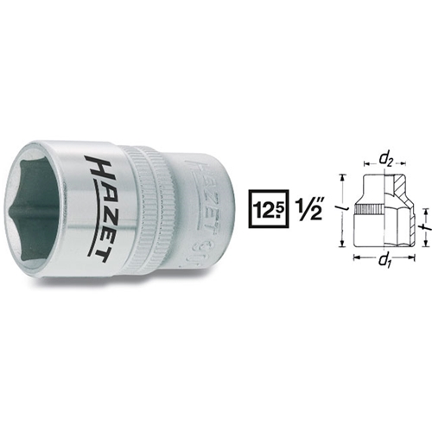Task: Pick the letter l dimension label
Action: (x=343, y=206)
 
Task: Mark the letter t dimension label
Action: (x=426, y=227)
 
